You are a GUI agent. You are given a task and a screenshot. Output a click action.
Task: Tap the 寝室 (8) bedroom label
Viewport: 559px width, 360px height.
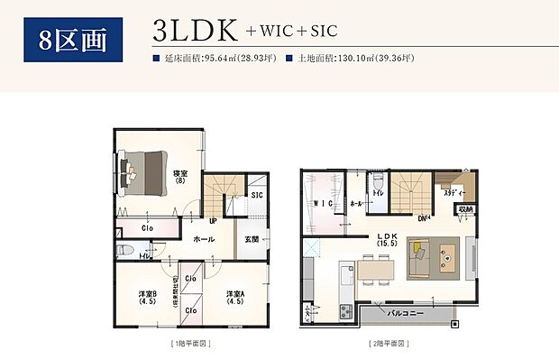tap(179, 175)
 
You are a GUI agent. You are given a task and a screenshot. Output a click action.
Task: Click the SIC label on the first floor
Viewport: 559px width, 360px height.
tap(256, 195)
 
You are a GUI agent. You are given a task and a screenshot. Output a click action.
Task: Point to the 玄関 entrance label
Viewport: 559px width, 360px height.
tap(252, 239)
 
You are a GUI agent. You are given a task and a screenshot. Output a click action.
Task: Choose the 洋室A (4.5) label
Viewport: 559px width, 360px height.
tap(236, 298)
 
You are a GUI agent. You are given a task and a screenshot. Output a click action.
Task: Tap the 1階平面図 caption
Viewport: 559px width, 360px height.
tap(190, 344)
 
